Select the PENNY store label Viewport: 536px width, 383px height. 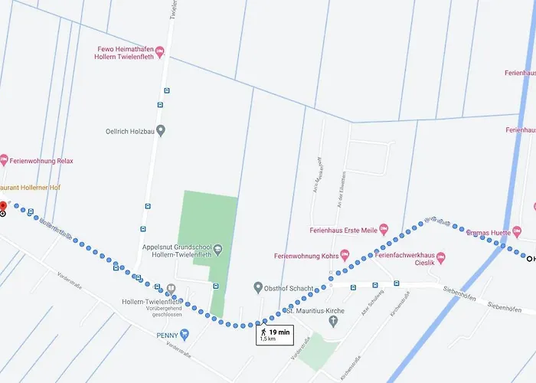coord(166,335)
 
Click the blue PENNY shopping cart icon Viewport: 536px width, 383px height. coord(184,335)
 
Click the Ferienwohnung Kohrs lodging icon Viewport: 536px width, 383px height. coord(344,254)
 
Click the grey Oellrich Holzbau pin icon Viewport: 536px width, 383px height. coord(160,130)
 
